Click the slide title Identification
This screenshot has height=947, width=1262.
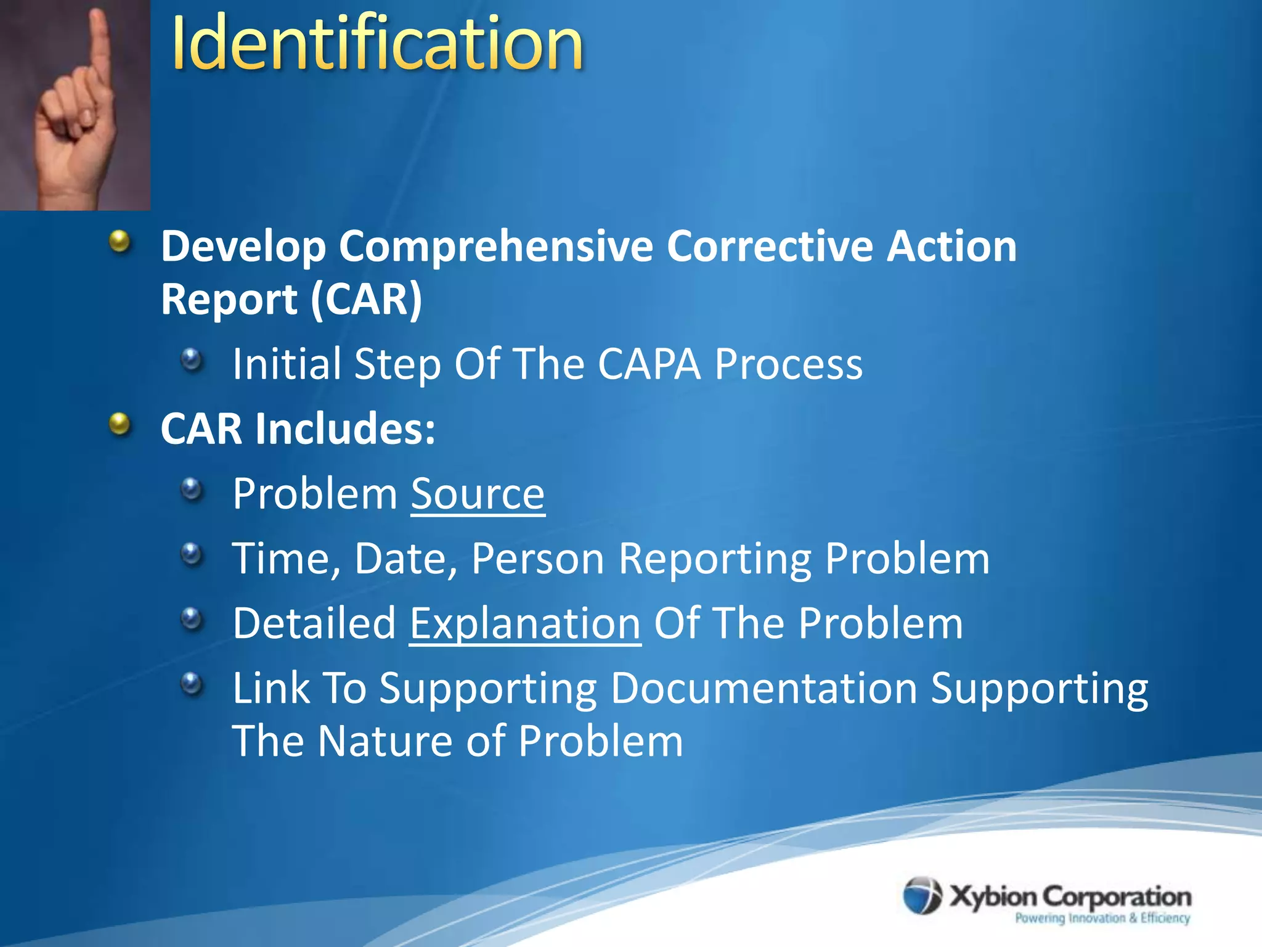[377, 43]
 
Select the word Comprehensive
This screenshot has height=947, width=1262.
[495, 247]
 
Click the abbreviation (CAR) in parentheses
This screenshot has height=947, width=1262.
[366, 300]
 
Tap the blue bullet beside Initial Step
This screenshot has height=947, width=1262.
[192, 359]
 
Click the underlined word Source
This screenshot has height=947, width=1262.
[478, 494]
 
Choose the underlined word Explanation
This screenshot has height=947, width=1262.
[525, 623]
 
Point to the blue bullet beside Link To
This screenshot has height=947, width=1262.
[192, 684]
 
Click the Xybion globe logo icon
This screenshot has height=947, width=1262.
[922, 895]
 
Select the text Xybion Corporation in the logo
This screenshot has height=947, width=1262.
[1070, 896]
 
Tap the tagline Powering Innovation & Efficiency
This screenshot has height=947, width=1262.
[1102, 918]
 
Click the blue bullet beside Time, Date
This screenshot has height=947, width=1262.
[192, 554]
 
